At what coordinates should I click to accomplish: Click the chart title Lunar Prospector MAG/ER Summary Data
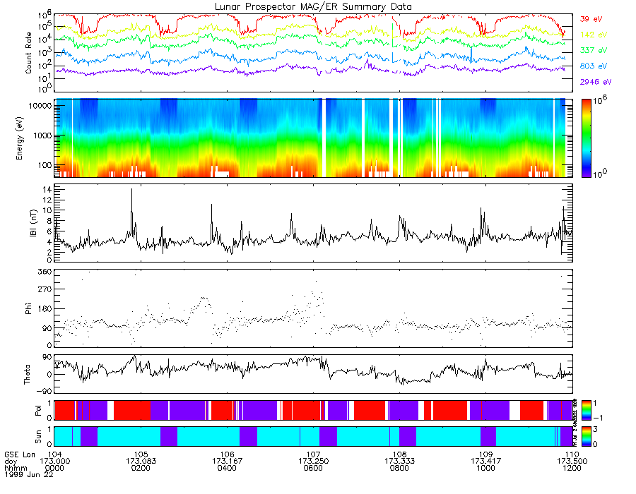click(x=314, y=6)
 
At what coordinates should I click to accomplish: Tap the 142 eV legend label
click(x=591, y=35)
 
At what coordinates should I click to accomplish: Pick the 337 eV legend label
click(x=591, y=51)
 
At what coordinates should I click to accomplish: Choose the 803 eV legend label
click(x=591, y=66)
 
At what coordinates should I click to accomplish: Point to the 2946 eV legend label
click(x=594, y=83)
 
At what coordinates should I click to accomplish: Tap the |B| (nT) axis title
click(x=29, y=223)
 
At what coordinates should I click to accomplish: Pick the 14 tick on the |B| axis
click(x=45, y=190)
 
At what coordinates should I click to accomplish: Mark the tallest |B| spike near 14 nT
click(x=131, y=191)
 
